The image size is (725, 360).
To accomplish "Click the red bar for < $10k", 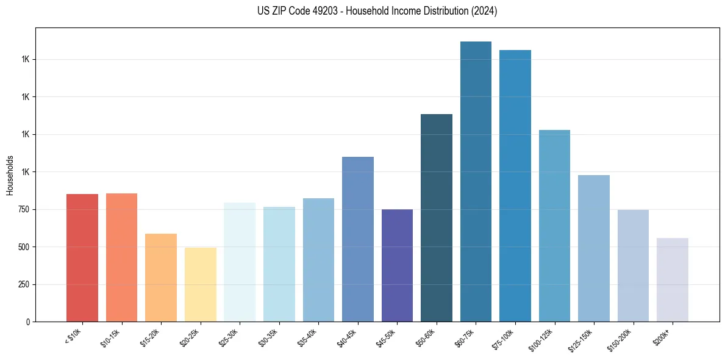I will click(82, 257).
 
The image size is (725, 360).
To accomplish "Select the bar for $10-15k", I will click(121, 257).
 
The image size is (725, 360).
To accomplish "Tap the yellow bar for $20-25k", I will click(200, 284).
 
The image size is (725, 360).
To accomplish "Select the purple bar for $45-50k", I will click(397, 265).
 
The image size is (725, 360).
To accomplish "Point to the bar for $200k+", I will click(673, 279).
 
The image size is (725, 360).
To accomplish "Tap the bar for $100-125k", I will click(554, 226).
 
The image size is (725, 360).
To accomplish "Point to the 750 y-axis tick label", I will click(23, 209).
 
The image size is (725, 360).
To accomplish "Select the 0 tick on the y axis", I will click(28, 322).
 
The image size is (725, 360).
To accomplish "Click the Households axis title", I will click(10, 176).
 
